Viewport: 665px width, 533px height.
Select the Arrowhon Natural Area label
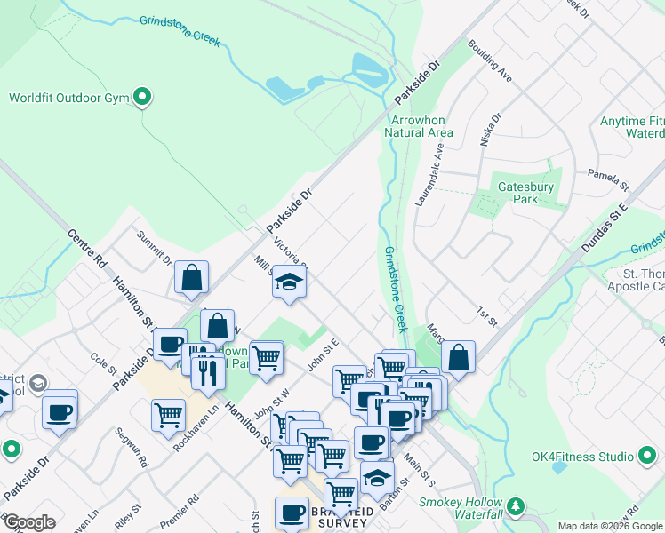tap(421, 126)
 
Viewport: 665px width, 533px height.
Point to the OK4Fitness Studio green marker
tap(646, 457)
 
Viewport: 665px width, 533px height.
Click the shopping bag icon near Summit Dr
tap(191, 277)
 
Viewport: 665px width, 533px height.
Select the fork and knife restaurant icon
tap(207, 373)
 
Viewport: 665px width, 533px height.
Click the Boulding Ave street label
tap(491, 61)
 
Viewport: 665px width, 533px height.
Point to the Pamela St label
tap(608, 181)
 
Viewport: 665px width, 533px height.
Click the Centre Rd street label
tap(86, 250)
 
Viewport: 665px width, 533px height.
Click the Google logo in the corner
tap(29, 522)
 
